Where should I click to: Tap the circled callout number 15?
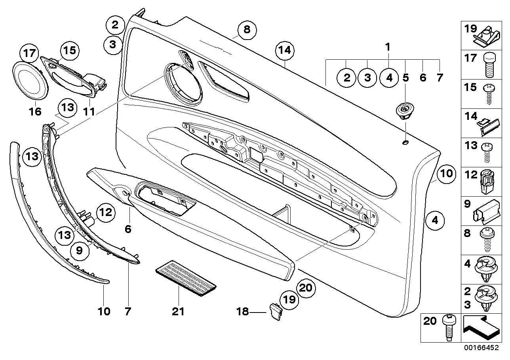tap(70, 51)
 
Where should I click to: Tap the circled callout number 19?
tap(290, 300)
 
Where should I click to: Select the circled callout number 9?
tap(79, 250)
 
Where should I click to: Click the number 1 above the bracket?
tap(388, 47)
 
